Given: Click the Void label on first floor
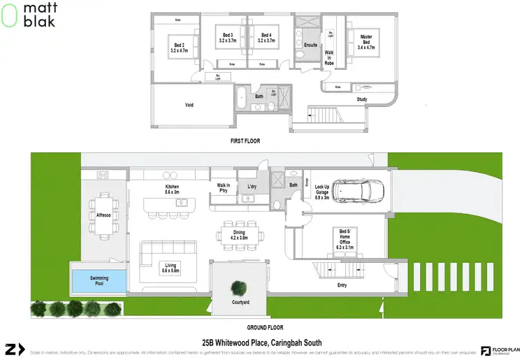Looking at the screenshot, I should pyautogui.click(x=189, y=106).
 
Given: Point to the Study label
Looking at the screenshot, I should pyautogui.click(x=361, y=99).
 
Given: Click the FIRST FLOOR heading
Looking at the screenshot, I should pyautogui.click(x=245, y=141).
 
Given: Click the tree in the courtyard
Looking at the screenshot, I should pyautogui.click(x=240, y=287).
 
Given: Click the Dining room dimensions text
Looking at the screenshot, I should pyautogui.click(x=240, y=238).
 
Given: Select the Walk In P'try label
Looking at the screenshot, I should pyautogui.click(x=224, y=187).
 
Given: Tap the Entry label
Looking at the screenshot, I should pyautogui.click(x=341, y=285).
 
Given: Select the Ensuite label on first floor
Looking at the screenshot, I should pyautogui.click(x=311, y=45).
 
